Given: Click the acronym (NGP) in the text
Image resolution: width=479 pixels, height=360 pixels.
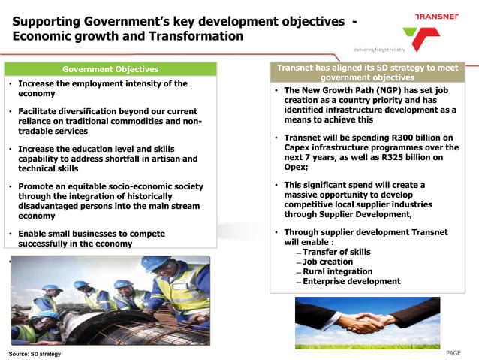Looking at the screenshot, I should point(386,90).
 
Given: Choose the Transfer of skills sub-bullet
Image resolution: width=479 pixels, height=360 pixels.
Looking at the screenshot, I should point(336,252).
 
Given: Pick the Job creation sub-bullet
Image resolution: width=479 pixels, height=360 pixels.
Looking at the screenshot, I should point(330,262).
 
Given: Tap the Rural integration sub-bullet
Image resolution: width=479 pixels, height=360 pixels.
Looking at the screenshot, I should point(337,271).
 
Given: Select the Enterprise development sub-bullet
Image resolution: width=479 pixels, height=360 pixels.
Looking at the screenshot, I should point(351,281).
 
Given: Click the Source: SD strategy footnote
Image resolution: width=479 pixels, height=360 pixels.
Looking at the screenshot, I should point(35,353).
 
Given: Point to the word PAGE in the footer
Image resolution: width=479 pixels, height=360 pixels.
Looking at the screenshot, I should point(453,352).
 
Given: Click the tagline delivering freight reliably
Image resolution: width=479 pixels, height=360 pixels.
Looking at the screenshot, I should point(379,50).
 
